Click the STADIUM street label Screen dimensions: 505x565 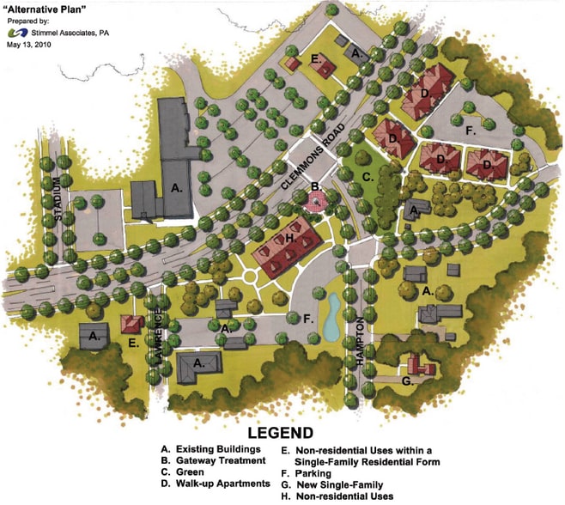[x=58, y=199]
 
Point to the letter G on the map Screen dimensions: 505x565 [x=407, y=379]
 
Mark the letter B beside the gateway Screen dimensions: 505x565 [x=314, y=186]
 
